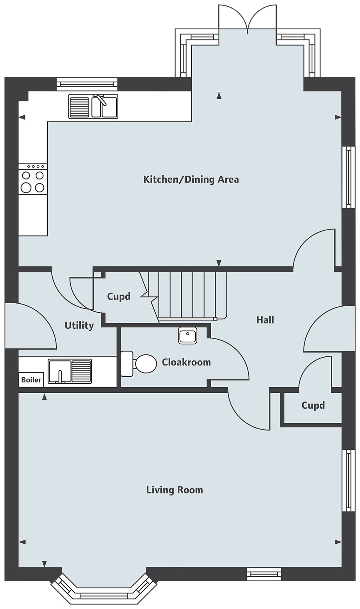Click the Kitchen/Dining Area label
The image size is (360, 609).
click(191, 180)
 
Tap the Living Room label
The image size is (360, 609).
click(175, 490)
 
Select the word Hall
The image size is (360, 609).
click(265, 320)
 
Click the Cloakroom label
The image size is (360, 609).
click(186, 362)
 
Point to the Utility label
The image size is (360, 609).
click(79, 326)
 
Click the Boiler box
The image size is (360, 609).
click(31, 379)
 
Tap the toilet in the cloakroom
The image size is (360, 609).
click(139, 364)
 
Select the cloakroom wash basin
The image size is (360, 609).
click(187, 335)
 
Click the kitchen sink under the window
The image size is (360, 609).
click(93, 106)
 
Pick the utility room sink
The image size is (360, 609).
click(70, 371)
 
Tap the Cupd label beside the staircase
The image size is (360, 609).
click(119, 296)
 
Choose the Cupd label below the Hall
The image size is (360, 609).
click(313, 405)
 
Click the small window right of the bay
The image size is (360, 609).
click(264, 573)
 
